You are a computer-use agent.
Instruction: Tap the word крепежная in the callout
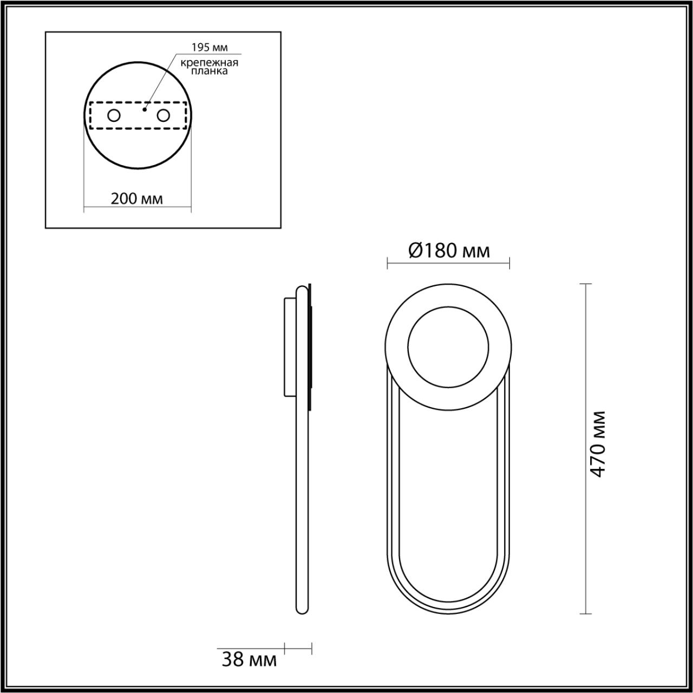click(210, 62)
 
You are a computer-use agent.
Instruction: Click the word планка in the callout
click(210, 71)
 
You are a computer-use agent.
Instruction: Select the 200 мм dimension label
click(137, 198)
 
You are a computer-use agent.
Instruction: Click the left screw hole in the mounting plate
click(114, 115)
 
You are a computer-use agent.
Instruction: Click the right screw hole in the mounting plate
click(162, 115)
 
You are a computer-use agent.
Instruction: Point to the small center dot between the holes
click(143, 109)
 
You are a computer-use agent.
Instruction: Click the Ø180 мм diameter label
click(448, 251)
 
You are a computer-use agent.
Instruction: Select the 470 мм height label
click(597, 444)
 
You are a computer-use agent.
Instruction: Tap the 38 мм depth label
click(249, 659)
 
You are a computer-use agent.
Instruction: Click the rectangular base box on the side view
click(290, 346)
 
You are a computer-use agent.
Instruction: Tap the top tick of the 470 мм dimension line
click(585, 284)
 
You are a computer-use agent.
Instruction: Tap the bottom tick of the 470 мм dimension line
click(585, 613)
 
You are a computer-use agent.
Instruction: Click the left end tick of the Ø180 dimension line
click(388, 264)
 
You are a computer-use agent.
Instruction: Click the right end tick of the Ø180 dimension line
click(509, 264)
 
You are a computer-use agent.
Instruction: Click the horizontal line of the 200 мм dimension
click(137, 208)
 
